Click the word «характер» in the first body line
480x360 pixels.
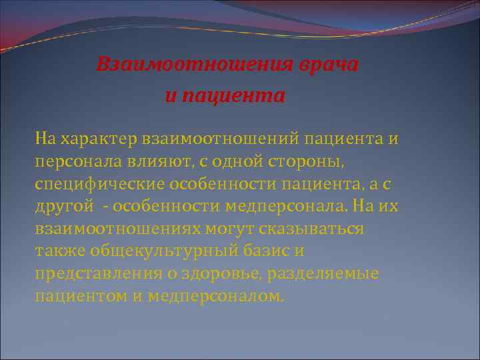click(98, 140)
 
